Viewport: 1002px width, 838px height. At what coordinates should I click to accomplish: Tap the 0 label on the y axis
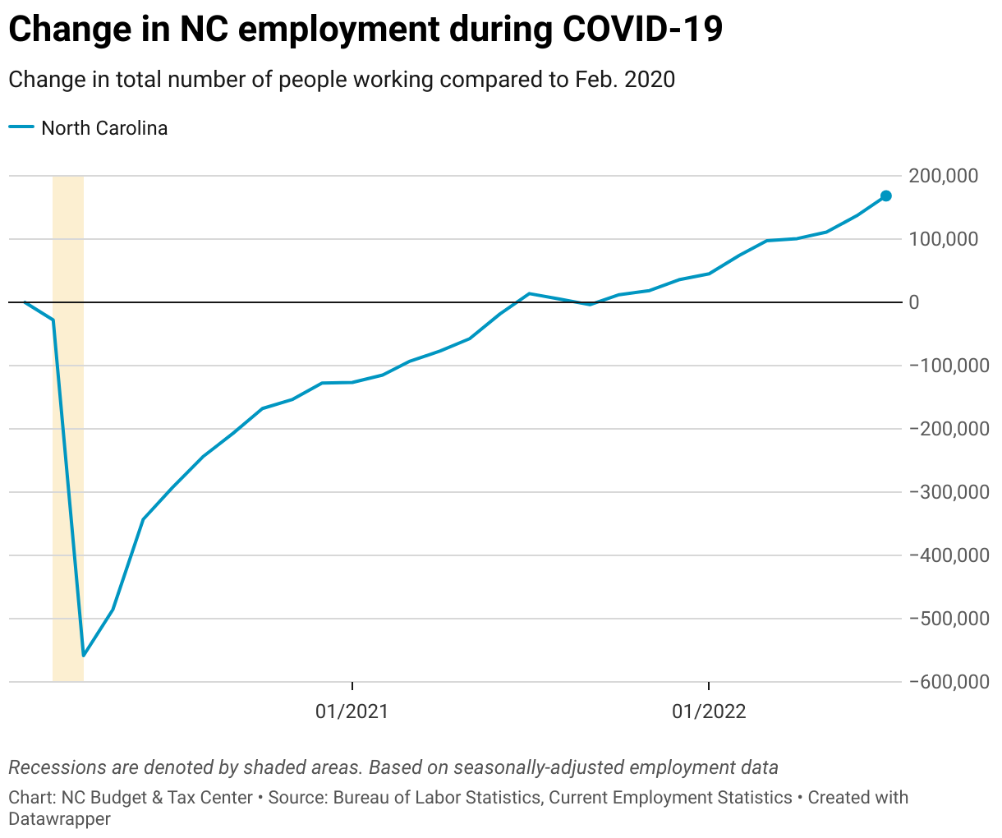tap(914, 302)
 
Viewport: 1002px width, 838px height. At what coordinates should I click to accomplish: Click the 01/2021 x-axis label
tap(352, 711)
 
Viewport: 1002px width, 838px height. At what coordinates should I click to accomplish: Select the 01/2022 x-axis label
tap(709, 711)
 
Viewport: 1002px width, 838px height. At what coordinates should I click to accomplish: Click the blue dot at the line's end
tap(886, 196)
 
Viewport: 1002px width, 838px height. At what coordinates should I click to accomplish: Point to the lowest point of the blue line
tap(84, 656)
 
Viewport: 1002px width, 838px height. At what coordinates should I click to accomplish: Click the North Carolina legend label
tap(104, 128)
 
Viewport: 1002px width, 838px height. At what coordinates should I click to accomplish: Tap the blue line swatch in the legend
tap(21, 127)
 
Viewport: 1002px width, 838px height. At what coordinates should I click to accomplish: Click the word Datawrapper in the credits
tap(59, 818)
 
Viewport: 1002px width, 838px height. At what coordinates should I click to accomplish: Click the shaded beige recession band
tap(68, 493)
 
